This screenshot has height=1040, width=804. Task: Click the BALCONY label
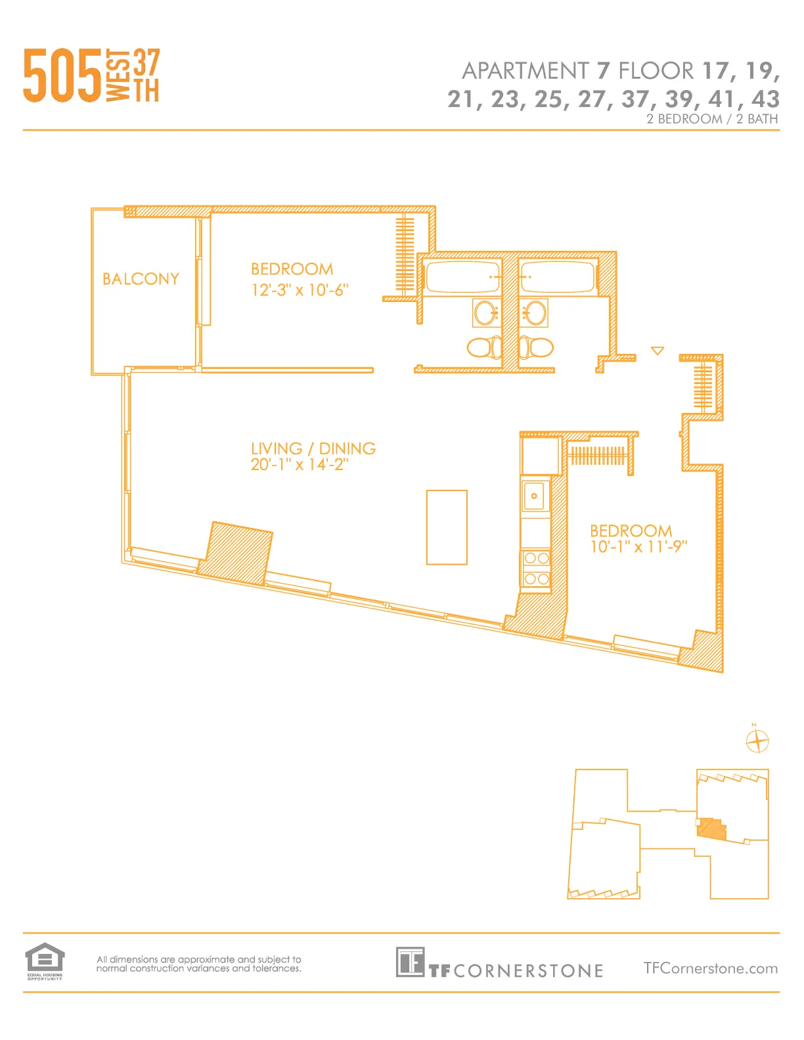pyautogui.click(x=141, y=279)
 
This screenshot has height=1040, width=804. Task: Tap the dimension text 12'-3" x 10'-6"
pyautogui.click(x=300, y=290)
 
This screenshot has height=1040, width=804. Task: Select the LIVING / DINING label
pyautogui.click(x=313, y=448)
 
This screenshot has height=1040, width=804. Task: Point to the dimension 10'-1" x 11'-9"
pyautogui.click(x=638, y=546)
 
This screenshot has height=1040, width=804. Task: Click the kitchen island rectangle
pyautogui.click(x=447, y=527)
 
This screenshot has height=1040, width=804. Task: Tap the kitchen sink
pyautogui.click(x=535, y=496)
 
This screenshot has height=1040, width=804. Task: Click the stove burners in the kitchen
pyautogui.click(x=536, y=569)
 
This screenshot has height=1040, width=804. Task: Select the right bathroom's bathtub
pyautogui.click(x=557, y=276)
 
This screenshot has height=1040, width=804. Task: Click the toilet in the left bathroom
pyautogui.click(x=483, y=347)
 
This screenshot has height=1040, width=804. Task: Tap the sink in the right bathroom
pyautogui.click(x=535, y=313)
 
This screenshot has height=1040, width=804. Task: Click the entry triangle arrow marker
pyautogui.click(x=657, y=351)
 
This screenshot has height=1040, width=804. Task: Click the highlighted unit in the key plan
pyautogui.click(x=711, y=829)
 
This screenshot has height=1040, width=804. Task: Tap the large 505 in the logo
pyautogui.click(x=62, y=76)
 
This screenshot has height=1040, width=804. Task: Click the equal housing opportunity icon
pyautogui.click(x=45, y=961)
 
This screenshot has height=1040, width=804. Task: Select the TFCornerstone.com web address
pyautogui.click(x=710, y=968)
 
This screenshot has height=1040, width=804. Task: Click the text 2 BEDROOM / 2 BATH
pyautogui.click(x=711, y=119)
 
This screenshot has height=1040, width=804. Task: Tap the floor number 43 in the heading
pyautogui.click(x=765, y=99)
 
